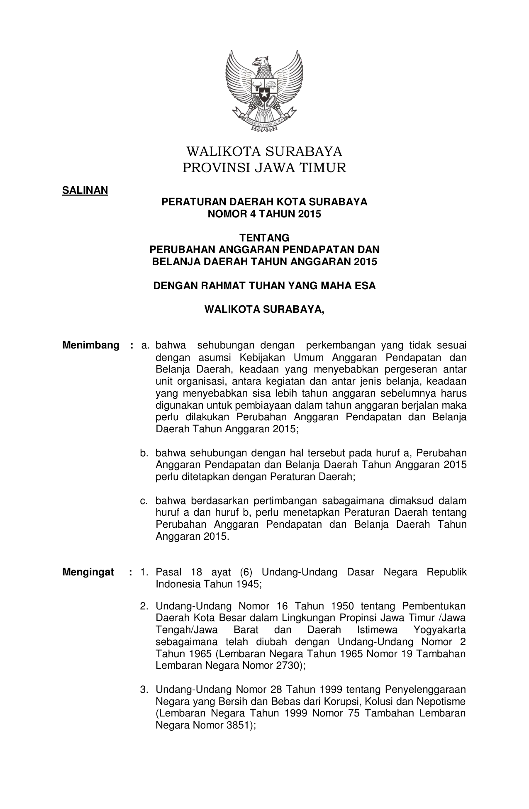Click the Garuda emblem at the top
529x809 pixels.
(264, 90)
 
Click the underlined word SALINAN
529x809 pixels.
(85, 190)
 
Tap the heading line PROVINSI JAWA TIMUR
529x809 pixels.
(264, 168)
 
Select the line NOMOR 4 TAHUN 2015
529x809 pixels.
(264, 214)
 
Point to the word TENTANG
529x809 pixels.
(265, 238)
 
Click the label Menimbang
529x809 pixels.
(91, 346)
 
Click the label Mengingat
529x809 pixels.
(88, 573)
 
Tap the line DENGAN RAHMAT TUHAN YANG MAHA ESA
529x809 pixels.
(264, 286)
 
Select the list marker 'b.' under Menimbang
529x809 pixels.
(144, 453)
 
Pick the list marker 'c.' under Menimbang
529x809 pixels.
(144, 501)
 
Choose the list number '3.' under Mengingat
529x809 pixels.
(144, 690)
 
